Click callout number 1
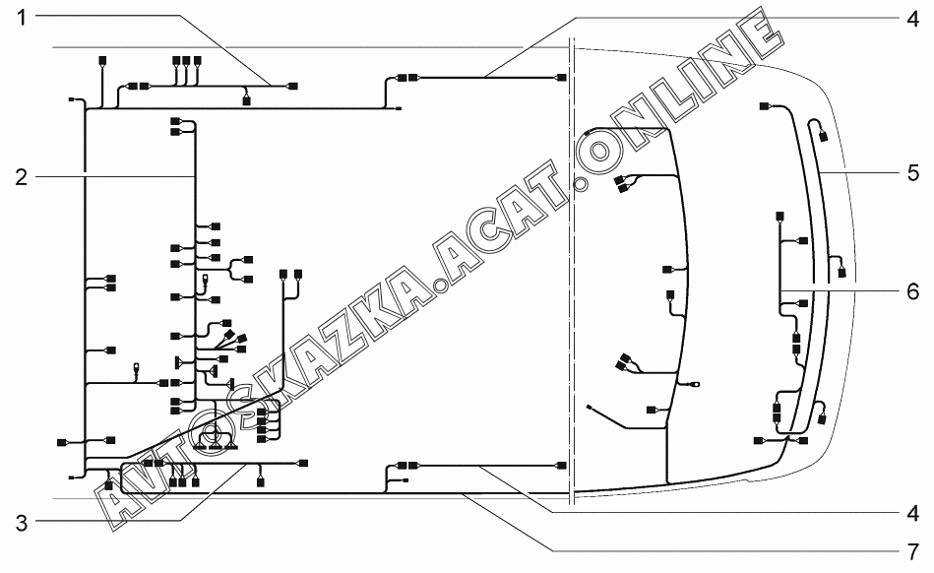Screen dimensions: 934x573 pyautogui.click(x=22, y=18)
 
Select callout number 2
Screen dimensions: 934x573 pyautogui.click(x=22, y=177)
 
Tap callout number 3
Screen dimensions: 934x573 pyautogui.click(x=22, y=523)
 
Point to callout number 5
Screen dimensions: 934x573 pyautogui.click(x=912, y=173)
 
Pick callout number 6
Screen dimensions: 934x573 pyautogui.click(x=912, y=291)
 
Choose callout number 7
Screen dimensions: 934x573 pyautogui.click(x=912, y=552)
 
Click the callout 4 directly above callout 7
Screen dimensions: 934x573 pyautogui.click(x=912, y=513)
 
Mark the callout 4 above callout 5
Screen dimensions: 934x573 pyautogui.click(x=912, y=19)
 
